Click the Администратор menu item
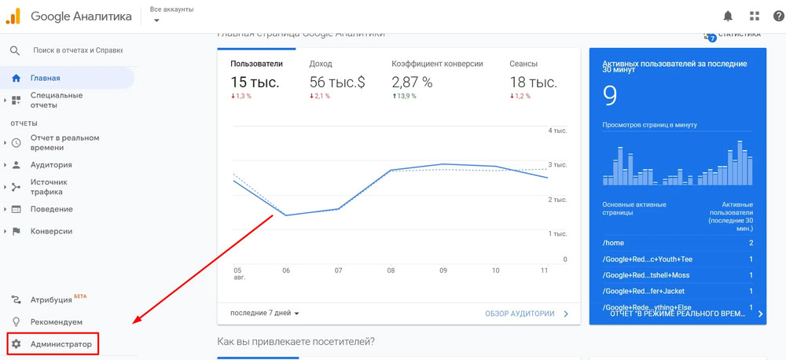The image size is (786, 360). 61,344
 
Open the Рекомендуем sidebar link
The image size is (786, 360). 56,321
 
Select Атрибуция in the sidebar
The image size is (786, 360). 51,299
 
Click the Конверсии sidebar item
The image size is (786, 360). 51,231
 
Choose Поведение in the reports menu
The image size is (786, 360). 51,209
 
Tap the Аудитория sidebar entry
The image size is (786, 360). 51,165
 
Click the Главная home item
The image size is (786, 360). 45,78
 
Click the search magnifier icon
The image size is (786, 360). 15,50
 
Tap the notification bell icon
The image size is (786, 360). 728,16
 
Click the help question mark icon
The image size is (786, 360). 778,16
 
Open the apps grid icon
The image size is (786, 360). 755,16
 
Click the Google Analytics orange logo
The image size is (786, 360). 13,16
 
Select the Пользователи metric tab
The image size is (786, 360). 256,64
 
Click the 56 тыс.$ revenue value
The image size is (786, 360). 337,82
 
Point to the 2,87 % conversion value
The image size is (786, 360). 412,82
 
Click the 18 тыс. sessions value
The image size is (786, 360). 533,82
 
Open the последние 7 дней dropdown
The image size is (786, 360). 265,313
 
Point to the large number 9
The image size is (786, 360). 610,95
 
